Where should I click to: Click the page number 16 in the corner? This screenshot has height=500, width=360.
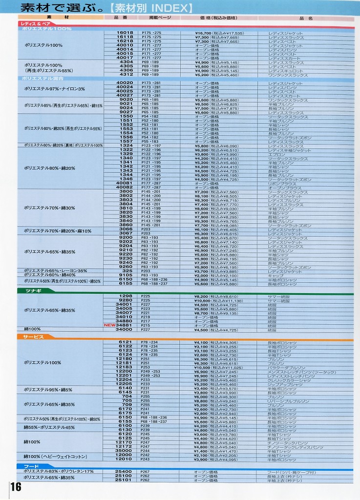[15, 487]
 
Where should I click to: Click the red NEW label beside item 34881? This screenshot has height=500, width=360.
[108, 325]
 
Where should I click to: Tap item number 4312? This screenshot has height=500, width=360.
[126, 75]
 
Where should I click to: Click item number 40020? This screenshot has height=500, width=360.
[125, 83]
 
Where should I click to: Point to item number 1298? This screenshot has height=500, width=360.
[126, 296]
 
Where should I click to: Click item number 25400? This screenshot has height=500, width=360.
[124, 471]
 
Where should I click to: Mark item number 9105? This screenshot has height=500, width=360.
[126, 275]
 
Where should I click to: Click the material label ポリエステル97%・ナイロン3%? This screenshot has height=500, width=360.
[54, 89]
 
